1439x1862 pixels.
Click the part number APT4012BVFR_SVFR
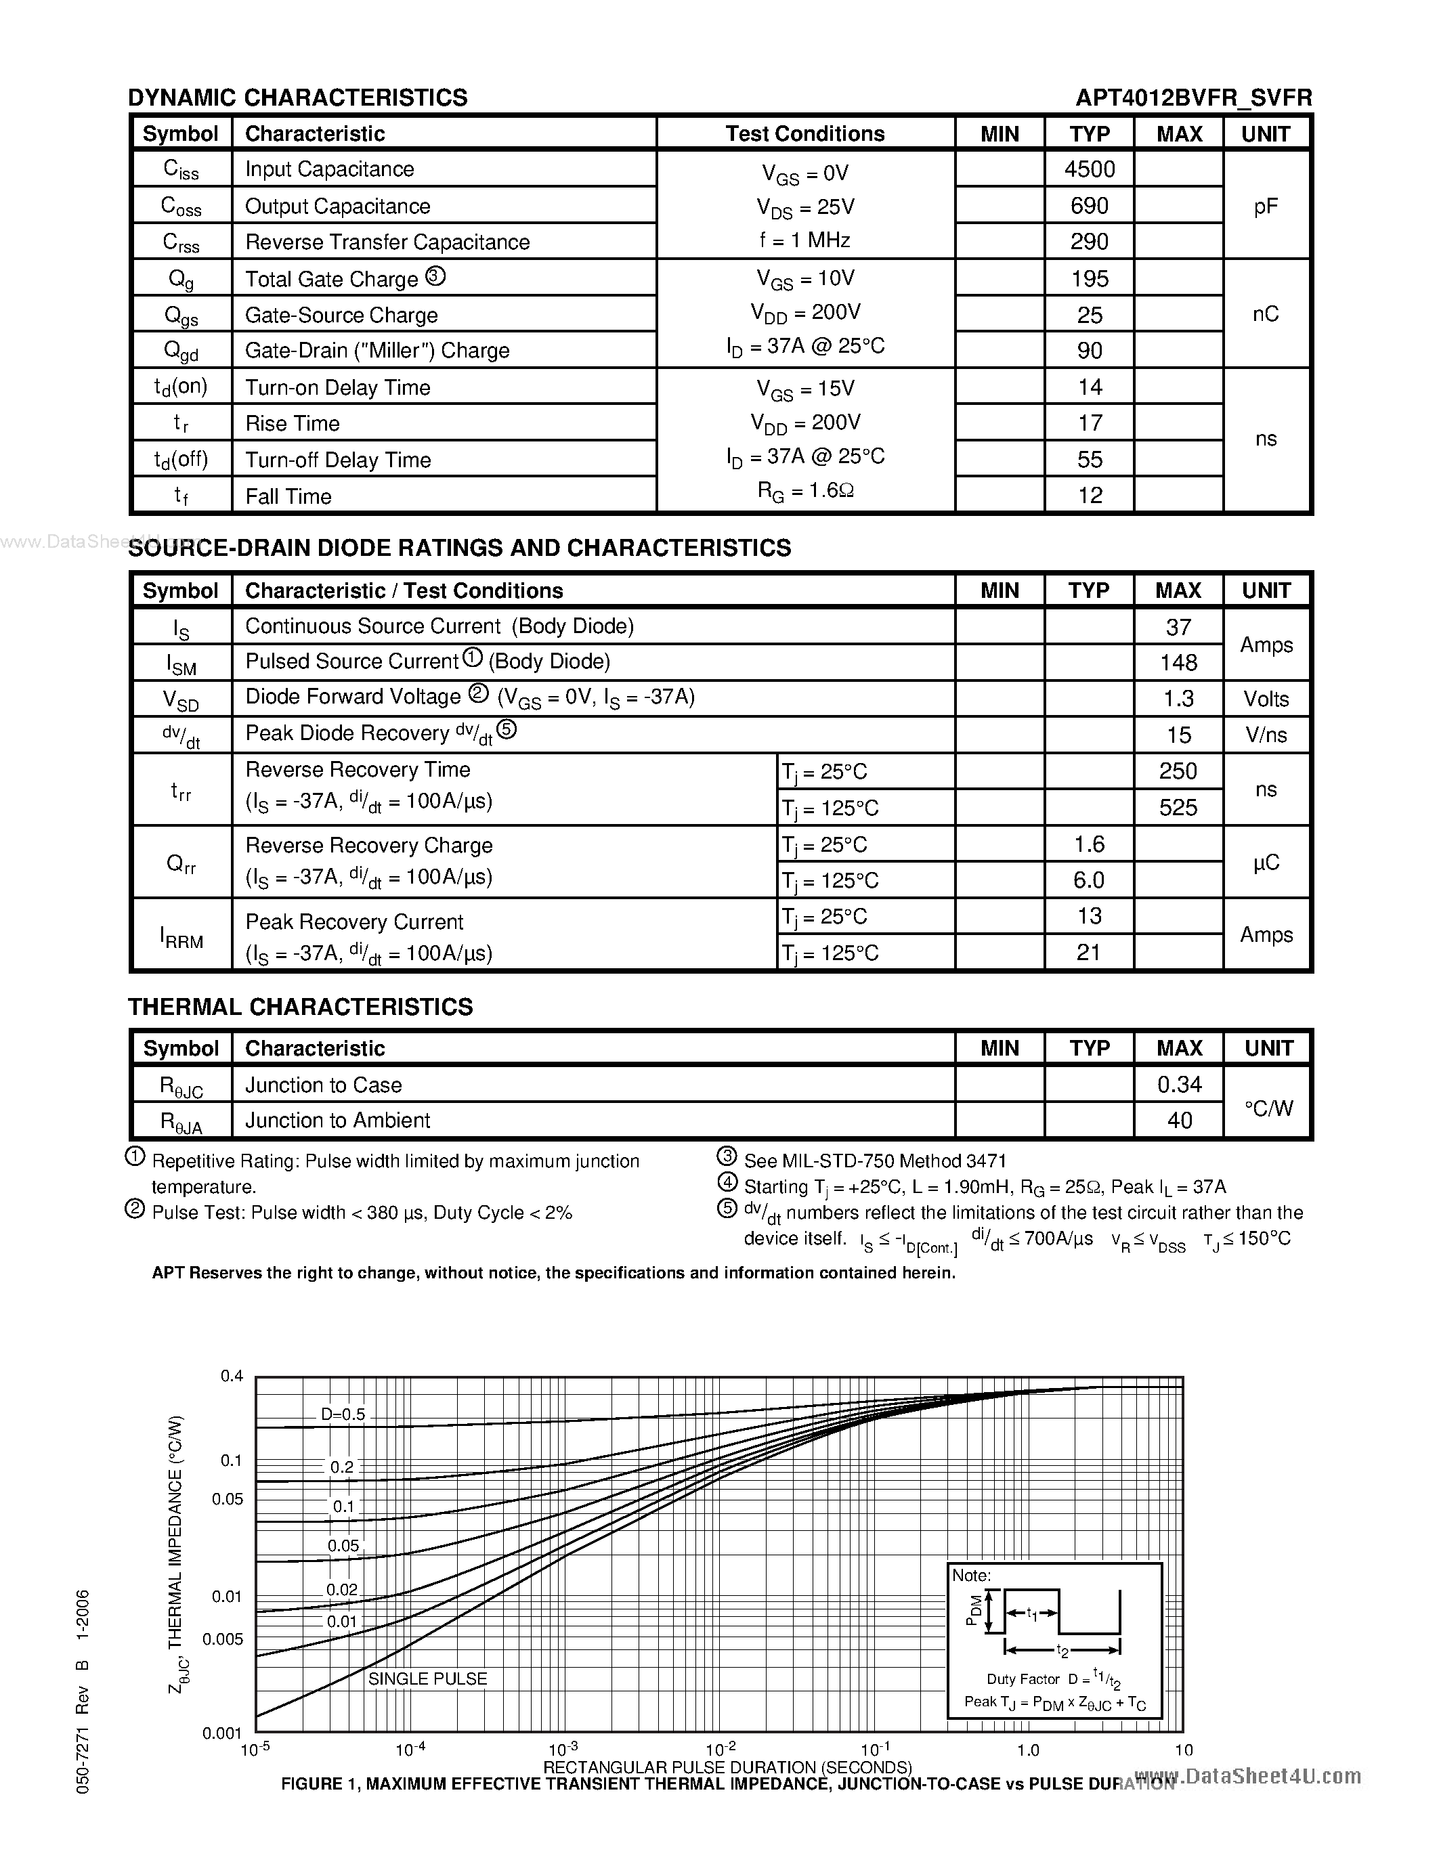[x=1193, y=98]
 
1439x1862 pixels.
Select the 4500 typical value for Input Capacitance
[x=1089, y=169]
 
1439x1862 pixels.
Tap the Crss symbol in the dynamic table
[x=181, y=243]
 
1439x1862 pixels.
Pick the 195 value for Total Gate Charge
[x=1089, y=279]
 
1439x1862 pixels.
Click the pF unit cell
[x=1265, y=205]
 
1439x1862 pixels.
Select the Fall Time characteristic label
[x=288, y=496]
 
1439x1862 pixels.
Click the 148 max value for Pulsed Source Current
[x=1178, y=662]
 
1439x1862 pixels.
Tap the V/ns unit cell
[x=1265, y=735]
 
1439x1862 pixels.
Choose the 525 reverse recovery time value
[x=1178, y=807]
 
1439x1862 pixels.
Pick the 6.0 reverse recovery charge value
[x=1089, y=880]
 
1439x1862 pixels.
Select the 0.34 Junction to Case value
[x=1179, y=1085]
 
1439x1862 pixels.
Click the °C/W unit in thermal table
[x=1268, y=1108]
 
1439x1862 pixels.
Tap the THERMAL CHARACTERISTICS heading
[x=300, y=1007]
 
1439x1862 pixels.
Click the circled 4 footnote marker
[x=727, y=1184]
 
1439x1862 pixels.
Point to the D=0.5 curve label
[x=343, y=1414]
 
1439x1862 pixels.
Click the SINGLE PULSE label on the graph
[x=427, y=1679]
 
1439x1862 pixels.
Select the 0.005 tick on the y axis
[x=223, y=1639]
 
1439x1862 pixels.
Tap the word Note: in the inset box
[x=971, y=1576]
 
